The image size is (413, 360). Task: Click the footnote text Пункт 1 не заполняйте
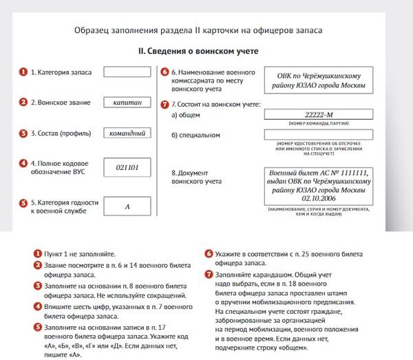[x=78, y=254]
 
